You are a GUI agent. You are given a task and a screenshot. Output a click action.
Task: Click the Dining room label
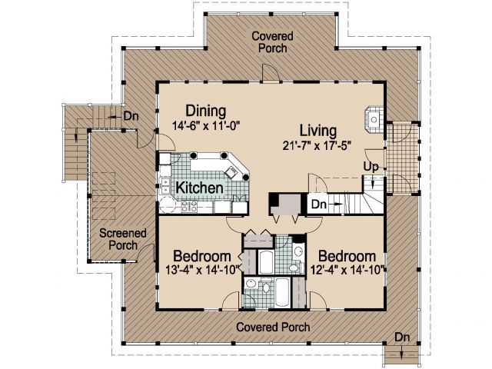pos(206,111)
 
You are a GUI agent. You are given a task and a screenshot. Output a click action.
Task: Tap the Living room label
pos(318,131)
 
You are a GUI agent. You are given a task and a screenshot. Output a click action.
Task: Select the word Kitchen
pos(200,188)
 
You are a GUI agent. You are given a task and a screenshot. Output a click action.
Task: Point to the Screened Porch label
pos(123,239)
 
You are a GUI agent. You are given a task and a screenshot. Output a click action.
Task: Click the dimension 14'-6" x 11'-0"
pos(206,125)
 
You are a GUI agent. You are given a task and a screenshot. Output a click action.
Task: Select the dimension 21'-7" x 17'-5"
pos(317,145)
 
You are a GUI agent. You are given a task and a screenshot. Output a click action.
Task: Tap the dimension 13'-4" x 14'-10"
pos(203,270)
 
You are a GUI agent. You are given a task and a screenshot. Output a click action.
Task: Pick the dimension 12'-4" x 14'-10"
pos(347,270)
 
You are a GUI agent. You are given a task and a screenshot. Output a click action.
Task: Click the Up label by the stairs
pos(371,167)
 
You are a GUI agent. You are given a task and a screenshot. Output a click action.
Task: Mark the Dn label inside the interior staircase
pos(319,204)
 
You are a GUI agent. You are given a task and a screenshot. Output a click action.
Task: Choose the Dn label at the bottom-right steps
pos(402,337)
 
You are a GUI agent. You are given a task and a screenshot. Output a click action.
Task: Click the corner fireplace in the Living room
pos(374,120)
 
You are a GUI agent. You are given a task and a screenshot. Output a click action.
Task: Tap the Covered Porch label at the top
pos(272,42)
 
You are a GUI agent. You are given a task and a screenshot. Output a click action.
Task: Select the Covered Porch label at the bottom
pos(273,327)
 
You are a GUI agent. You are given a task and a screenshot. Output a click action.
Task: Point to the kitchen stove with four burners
pos(189,207)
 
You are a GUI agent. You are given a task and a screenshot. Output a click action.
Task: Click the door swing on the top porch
pos(271,72)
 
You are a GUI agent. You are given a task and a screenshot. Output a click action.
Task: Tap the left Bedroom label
pos(202,256)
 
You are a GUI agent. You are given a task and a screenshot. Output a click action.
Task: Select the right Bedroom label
pos(347,256)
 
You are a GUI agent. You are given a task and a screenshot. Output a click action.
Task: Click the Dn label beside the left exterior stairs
pos(131,116)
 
